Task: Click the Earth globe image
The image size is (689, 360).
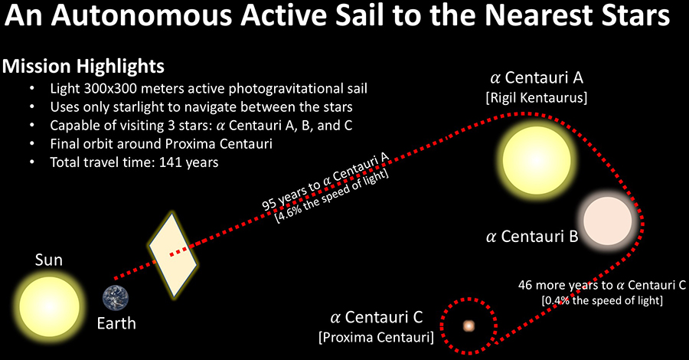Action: pos(116,298)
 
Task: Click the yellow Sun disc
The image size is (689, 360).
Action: pos(50,306)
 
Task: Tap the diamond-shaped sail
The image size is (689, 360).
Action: pos(173,255)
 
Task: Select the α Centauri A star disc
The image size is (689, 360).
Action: pos(537,160)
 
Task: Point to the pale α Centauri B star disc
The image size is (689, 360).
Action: pos(608,221)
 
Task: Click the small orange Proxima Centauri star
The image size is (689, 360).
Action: pos(469,326)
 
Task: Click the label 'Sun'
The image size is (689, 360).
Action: pos(49,260)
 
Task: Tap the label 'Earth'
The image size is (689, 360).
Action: pos(116,323)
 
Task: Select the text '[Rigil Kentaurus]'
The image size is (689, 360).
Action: pos(537,97)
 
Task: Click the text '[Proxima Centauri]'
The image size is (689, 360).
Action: pos(376,337)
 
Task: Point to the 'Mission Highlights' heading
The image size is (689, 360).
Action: pos(83,67)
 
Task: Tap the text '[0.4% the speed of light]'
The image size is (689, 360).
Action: pos(602,301)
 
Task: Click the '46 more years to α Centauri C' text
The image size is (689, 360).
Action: pos(602,285)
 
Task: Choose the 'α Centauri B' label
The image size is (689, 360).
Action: pos(532,237)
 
